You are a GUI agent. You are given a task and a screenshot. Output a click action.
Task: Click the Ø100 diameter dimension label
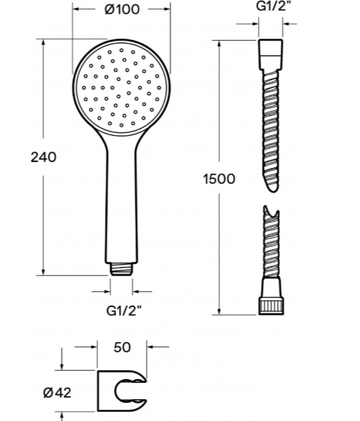click(x=122, y=9)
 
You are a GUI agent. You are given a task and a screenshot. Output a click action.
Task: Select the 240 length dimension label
click(x=44, y=157)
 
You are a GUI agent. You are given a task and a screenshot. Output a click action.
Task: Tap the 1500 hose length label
click(x=219, y=179)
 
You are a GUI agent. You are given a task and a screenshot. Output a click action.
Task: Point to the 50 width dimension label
click(x=122, y=347)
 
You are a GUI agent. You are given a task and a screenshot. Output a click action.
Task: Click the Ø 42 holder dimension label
click(x=57, y=393)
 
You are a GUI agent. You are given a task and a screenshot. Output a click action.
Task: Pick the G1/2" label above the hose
click(x=274, y=6)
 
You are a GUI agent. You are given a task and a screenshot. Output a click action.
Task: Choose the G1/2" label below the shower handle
click(x=124, y=311)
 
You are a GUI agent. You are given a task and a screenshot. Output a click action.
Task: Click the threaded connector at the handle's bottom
click(x=121, y=269)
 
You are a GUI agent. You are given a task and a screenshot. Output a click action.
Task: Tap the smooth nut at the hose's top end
click(x=271, y=54)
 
